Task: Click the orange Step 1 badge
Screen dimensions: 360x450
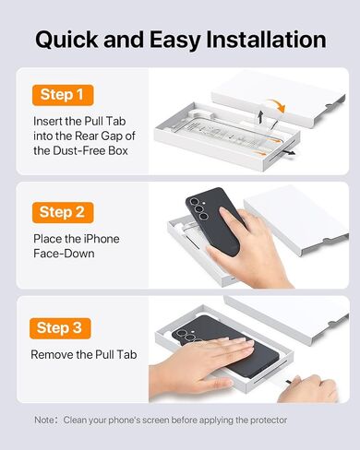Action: pyautogui.click(x=63, y=95)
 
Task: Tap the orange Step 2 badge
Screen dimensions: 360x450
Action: pyautogui.click(x=63, y=212)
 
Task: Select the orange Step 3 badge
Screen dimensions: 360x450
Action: pyautogui.click(x=60, y=328)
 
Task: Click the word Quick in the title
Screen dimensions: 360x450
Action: pyautogui.click(x=66, y=41)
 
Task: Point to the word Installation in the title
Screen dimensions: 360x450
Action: pyautogui.click(x=266, y=40)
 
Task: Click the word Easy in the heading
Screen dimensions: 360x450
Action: pyautogui.click(x=175, y=41)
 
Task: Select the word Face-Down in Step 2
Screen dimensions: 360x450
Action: pyautogui.click(x=64, y=254)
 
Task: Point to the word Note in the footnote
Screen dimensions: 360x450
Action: pyautogui.click(x=44, y=420)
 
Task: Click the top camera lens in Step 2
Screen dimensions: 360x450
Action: pyautogui.click(x=195, y=202)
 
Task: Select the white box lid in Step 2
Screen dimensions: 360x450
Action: pyautogui.click(x=296, y=219)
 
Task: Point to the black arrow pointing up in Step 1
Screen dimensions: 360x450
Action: pyautogui.click(x=261, y=117)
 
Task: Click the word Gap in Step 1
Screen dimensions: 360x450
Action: pyautogui.click(x=112, y=136)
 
